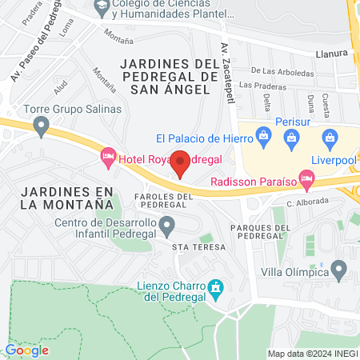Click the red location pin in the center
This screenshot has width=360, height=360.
click(181, 162)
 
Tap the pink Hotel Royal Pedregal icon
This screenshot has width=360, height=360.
click(108, 158)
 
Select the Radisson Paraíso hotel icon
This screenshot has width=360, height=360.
click(305, 177)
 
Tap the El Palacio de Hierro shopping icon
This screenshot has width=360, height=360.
click(265, 138)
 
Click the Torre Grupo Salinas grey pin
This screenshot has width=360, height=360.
click(41, 126)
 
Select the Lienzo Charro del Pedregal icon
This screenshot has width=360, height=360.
click(214, 286)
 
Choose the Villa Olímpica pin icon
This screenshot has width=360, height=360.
click(340, 270)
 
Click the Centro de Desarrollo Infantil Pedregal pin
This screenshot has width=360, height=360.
click(166, 228)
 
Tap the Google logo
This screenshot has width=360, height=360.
click(26, 350)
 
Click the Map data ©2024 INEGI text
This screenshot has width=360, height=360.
click(310, 354)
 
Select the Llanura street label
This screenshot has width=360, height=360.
click(330, 54)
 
